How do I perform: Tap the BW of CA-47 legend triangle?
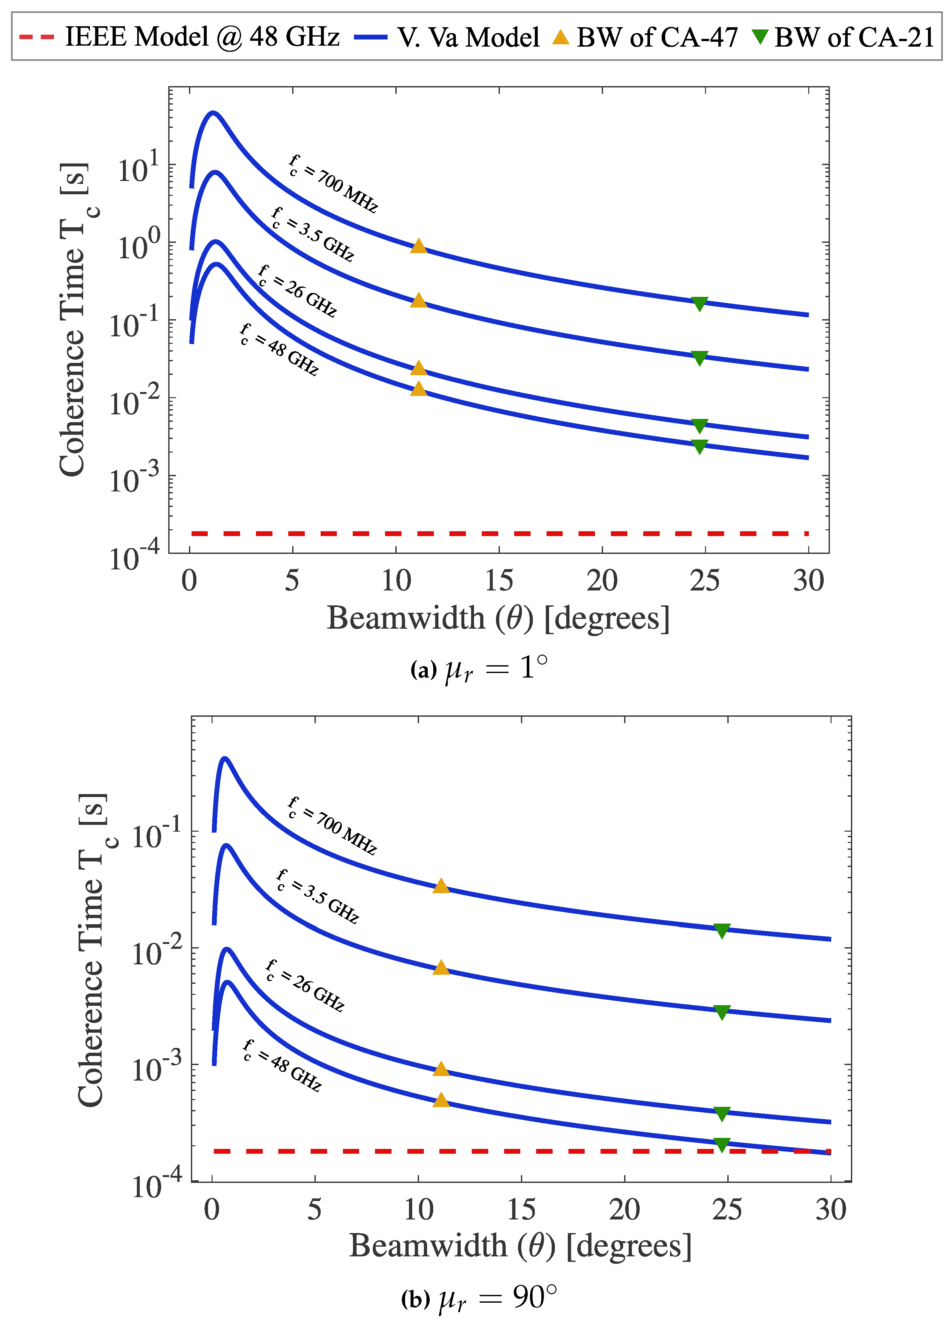point(561,37)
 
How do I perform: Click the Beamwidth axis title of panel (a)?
point(498,618)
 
